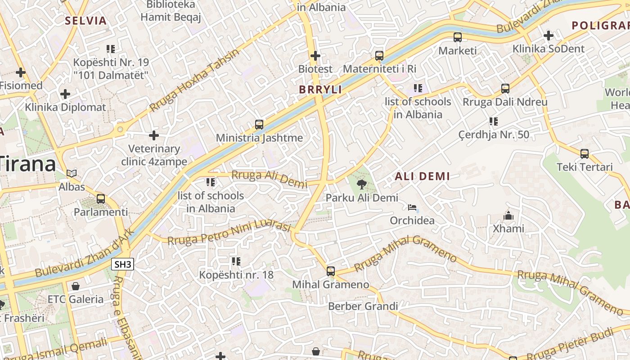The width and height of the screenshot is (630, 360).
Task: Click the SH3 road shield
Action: click(x=123, y=264)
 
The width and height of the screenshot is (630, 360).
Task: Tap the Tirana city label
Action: click(x=28, y=164)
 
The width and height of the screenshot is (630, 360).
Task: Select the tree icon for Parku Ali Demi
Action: click(x=361, y=184)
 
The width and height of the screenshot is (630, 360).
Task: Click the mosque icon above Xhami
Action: click(x=508, y=216)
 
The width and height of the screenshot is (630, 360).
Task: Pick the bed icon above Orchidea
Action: click(x=412, y=207)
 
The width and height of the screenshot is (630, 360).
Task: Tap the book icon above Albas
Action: click(x=72, y=173)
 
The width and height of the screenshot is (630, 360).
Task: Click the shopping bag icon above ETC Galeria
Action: click(x=76, y=286)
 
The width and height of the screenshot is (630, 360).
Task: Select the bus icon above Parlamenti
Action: click(x=101, y=198)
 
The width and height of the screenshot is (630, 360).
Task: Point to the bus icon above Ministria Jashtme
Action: click(x=259, y=124)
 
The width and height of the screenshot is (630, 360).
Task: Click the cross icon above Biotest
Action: click(x=315, y=56)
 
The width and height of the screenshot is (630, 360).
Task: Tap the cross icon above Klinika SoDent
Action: click(x=548, y=35)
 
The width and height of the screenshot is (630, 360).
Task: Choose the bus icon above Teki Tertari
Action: click(x=585, y=154)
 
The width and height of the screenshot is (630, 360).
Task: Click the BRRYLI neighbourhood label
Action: click(x=320, y=90)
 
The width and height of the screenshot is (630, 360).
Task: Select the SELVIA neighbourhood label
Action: click(x=85, y=21)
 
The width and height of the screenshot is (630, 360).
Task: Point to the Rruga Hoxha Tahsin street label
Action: click(x=194, y=80)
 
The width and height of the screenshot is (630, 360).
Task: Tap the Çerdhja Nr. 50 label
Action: click(x=494, y=135)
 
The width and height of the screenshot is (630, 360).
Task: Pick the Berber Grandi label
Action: click(x=363, y=306)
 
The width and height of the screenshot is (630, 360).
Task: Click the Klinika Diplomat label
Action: click(x=65, y=107)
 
